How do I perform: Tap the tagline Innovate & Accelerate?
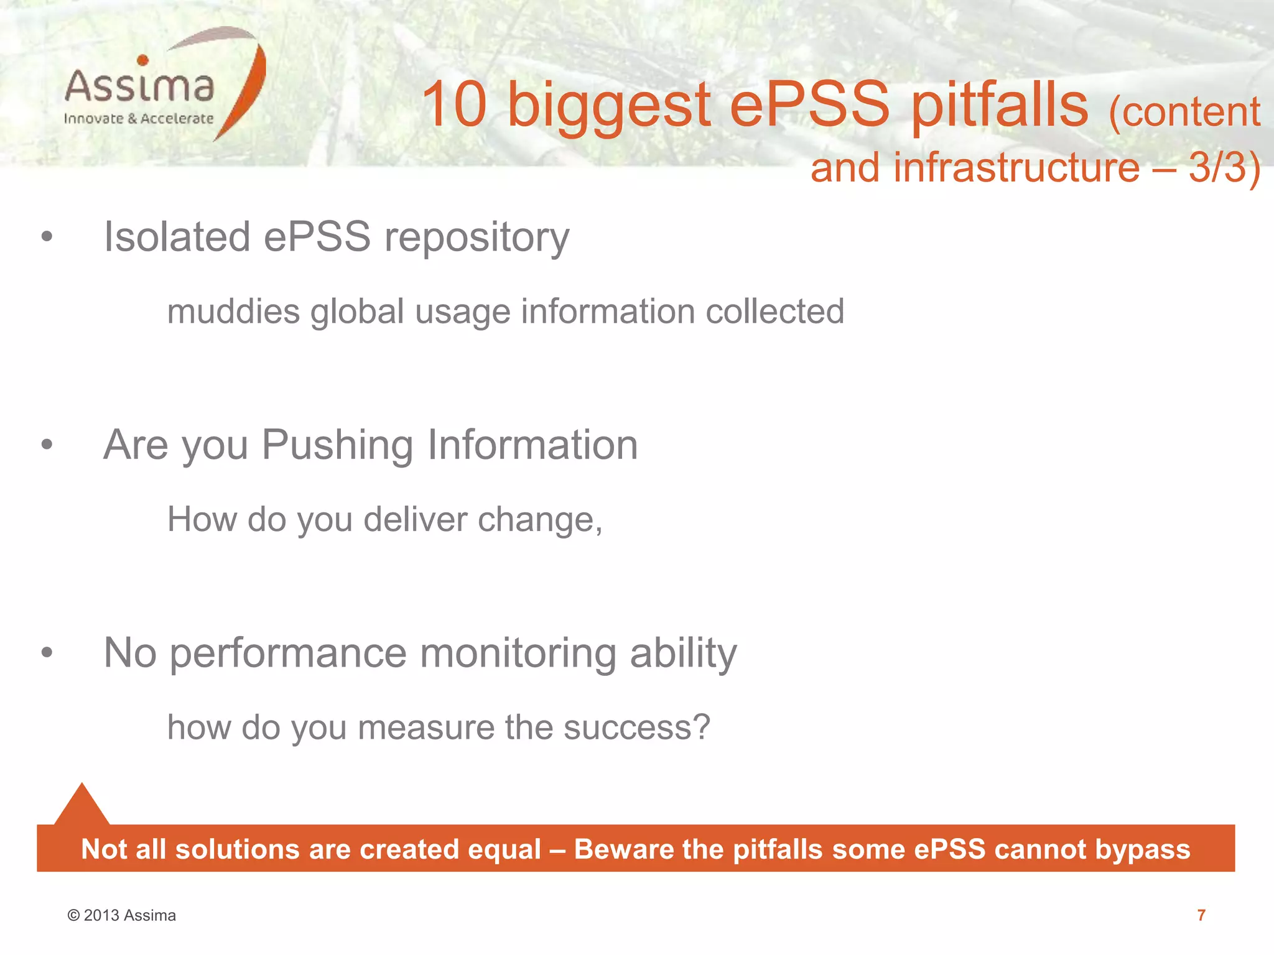[138, 119]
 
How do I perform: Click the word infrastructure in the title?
[1016, 168]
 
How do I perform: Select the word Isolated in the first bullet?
[177, 237]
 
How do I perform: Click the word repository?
[477, 238]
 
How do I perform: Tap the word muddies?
[233, 311]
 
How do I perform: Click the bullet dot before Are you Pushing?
[47, 444]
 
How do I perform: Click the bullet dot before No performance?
[47, 652]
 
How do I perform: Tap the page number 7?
[1201, 915]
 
